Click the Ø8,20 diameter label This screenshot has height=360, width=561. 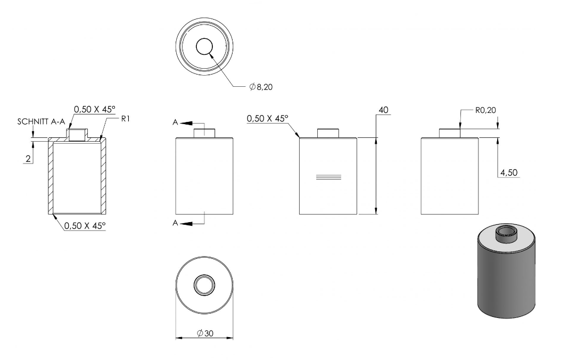pyautogui.click(x=261, y=87)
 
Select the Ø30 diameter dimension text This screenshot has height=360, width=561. pyautogui.click(x=205, y=333)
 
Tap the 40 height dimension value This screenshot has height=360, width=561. pyautogui.click(x=383, y=110)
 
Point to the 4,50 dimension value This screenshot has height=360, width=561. pyautogui.click(x=509, y=173)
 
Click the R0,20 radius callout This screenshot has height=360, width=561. pyautogui.click(x=485, y=110)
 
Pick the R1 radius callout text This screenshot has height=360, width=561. pyautogui.click(x=125, y=119)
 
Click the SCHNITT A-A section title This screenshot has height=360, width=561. pyautogui.click(x=41, y=121)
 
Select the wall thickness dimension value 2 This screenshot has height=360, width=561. pyautogui.click(x=28, y=159)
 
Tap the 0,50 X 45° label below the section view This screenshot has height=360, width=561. pyautogui.click(x=85, y=225)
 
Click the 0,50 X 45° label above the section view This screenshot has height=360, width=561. pyautogui.click(x=95, y=109)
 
